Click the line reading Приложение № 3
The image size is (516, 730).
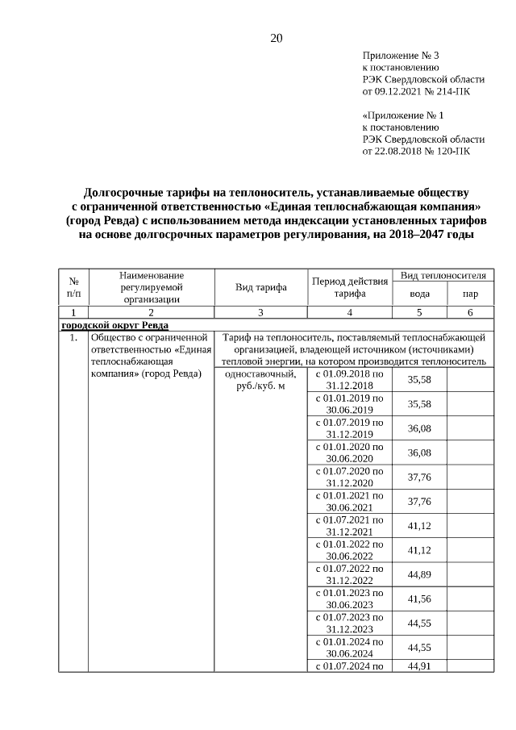[x=400, y=56]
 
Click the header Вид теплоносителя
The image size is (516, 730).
[x=443, y=276]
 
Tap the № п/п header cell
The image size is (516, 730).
[x=73, y=287]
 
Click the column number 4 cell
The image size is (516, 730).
[x=349, y=311]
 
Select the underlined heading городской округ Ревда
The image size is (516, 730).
[x=114, y=324]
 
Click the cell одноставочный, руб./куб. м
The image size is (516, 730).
[x=260, y=381]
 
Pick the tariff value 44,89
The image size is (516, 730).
[x=419, y=574]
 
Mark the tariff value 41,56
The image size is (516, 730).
[x=419, y=599]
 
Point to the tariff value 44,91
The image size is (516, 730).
[x=419, y=665]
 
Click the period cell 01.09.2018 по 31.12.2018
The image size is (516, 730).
[x=349, y=380]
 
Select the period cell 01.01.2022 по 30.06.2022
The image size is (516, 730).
[x=349, y=550]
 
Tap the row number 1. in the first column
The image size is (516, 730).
[x=73, y=337]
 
